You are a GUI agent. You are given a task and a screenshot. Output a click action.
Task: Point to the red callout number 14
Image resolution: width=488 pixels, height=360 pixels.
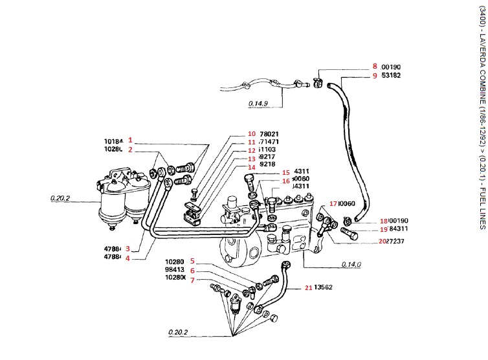[234, 203]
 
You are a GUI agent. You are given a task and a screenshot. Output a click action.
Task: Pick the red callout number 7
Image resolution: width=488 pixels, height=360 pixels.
[192, 278]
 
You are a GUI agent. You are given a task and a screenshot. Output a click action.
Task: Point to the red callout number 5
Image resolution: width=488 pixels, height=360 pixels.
[192, 262]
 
